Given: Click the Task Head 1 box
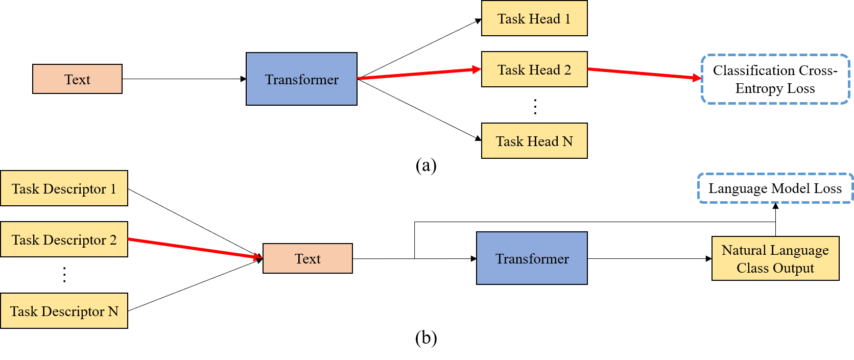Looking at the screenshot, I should click(x=534, y=18).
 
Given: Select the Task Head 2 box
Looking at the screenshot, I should click(x=534, y=69).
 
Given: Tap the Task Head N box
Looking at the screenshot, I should click(x=534, y=141).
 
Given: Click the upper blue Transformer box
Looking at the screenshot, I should click(x=301, y=79).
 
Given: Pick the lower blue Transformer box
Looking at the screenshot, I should click(x=532, y=258).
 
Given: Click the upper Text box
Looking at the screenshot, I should click(x=77, y=79).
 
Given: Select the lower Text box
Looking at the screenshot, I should click(x=307, y=258).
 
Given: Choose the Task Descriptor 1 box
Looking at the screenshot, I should click(x=64, y=188).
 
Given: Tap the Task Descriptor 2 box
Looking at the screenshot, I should click(x=64, y=239).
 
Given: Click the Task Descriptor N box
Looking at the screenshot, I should click(x=64, y=311).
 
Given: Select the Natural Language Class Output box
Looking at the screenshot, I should click(x=775, y=258).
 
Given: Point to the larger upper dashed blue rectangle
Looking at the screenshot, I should click(x=775, y=79).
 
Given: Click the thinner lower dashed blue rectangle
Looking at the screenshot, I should click(x=775, y=188).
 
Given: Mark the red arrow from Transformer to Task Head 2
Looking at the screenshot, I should click(x=419, y=74).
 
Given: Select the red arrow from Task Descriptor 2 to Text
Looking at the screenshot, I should click(x=194, y=248).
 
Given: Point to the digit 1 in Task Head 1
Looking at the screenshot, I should click(x=567, y=19).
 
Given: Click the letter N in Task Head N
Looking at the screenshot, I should click(x=567, y=141).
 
